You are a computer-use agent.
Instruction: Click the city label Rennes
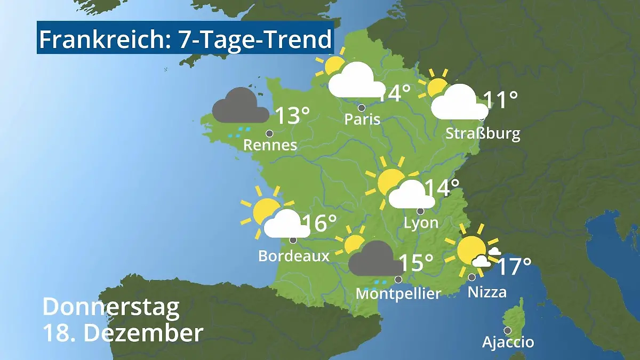click(270, 145)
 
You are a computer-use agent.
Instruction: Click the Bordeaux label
click(293, 256)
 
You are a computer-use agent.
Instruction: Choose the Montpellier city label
click(398, 293)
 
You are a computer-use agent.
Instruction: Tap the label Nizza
click(487, 292)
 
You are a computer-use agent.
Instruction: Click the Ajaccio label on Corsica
click(508, 342)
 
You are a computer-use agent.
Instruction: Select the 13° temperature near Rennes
click(292, 116)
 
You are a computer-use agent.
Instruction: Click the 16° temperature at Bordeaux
click(319, 223)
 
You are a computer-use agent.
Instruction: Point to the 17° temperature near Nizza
click(514, 267)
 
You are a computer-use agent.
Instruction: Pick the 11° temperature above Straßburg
click(500, 100)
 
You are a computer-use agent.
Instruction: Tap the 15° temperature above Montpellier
click(416, 263)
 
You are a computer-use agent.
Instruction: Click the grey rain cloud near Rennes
click(239, 107)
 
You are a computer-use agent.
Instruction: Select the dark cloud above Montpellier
click(374, 259)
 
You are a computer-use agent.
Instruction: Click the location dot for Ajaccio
click(508, 330)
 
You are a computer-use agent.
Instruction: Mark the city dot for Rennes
click(269, 133)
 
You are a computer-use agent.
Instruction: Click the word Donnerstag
click(111, 307)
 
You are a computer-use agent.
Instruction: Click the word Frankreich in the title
click(102, 40)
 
